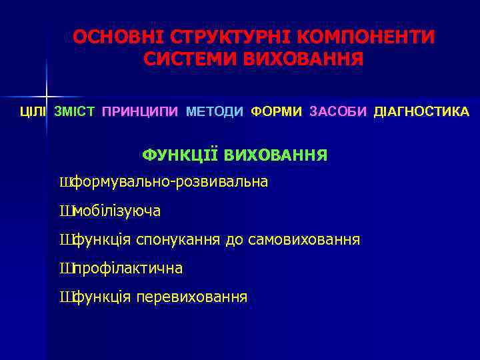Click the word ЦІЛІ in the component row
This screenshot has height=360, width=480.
tap(33, 111)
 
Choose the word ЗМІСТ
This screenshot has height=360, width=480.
tap(74, 111)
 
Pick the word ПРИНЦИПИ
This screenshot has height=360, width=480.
tap(140, 111)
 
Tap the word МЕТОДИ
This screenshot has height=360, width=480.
tap(215, 111)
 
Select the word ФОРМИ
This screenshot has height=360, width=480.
tap(277, 111)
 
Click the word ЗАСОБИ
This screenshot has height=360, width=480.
tap(338, 111)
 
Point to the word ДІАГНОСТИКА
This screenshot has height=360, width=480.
tap(421, 111)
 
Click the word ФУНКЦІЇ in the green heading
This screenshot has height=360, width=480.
tap(180, 156)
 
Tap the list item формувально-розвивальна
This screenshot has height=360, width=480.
tap(169, 181)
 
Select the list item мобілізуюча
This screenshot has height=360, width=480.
tap(117, 211)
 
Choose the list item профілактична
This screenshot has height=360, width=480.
tap(127, 269)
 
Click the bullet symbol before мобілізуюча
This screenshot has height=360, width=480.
tap(65, 211)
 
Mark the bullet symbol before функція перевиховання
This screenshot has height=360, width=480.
tap(65, 297)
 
